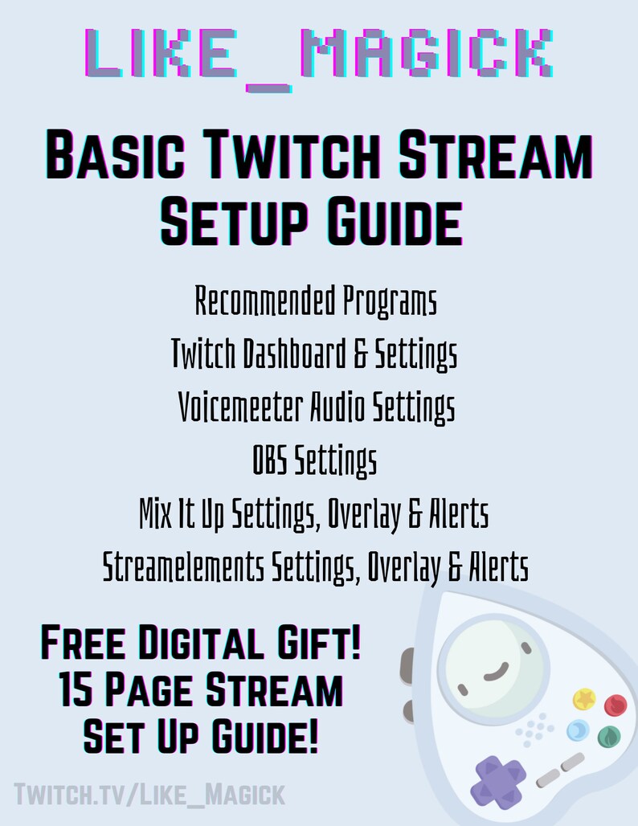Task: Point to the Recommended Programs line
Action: pyautogui.click(x=317, y=302)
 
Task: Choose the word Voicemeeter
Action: pyautogui.click(x=241, y=407)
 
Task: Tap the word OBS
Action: pyautogui.click(x=269, y=461)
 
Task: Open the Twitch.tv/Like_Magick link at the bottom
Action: pyautogui.click(x=149, y=795)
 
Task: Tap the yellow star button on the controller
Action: pyautogui.click(x=584, y=698)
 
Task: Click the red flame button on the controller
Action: pyautogui.click(x=615, y=705)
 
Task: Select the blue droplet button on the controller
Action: pyautogui.click(x=578, y=730)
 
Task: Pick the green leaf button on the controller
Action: pyautogui.click(x=607, y=735)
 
